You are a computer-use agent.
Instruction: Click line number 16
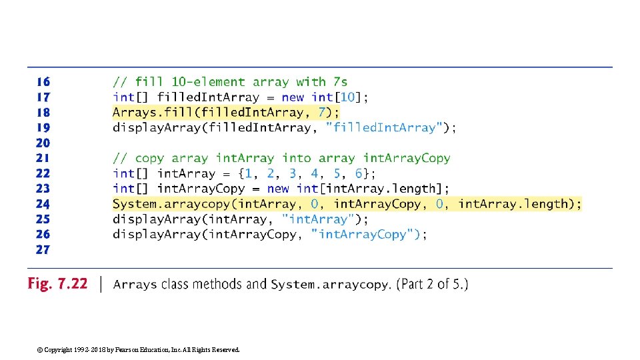pos(43,82)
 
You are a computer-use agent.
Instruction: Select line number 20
pos(43,143)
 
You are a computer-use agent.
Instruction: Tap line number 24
pos(43,204)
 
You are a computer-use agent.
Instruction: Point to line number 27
pos(43,249)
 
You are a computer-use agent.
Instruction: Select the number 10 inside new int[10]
pos(348,97)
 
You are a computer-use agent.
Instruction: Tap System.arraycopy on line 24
pos(171,204)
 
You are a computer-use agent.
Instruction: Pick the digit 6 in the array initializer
pos(359,173)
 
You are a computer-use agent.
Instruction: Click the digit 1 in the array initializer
pos(248,173)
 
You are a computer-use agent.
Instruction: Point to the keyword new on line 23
pos(278,189)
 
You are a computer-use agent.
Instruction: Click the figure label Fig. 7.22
pos(57,284)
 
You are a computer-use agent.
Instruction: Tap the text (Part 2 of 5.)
pos(432,285)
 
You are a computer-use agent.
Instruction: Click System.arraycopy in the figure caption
pos(329,285)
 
